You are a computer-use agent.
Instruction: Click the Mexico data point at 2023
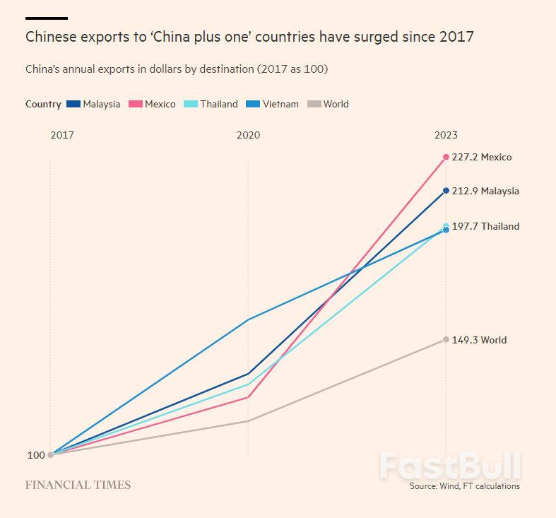[446, 157]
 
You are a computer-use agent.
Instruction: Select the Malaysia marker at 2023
[446, 191]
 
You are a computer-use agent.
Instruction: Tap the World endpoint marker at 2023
[446, 340]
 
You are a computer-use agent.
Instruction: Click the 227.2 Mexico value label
[481, 157]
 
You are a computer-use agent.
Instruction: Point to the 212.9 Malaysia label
[485, 191]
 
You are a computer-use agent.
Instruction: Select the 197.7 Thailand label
[485, 226]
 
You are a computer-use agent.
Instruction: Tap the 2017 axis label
[61, 135]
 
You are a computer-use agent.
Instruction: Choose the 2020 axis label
[248, 135]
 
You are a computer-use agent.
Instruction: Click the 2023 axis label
[446, 135]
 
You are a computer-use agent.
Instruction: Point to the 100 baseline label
[36, 455]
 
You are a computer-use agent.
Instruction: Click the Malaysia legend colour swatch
[73, 104]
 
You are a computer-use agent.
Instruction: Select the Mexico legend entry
[152, 104]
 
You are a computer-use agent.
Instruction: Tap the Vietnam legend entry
[272, 104]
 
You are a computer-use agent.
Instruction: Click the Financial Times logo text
[78, 485]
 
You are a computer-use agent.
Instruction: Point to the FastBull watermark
[450, 466]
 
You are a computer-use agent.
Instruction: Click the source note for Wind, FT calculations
[464, 486]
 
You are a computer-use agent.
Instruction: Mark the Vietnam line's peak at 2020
[248, 320]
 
